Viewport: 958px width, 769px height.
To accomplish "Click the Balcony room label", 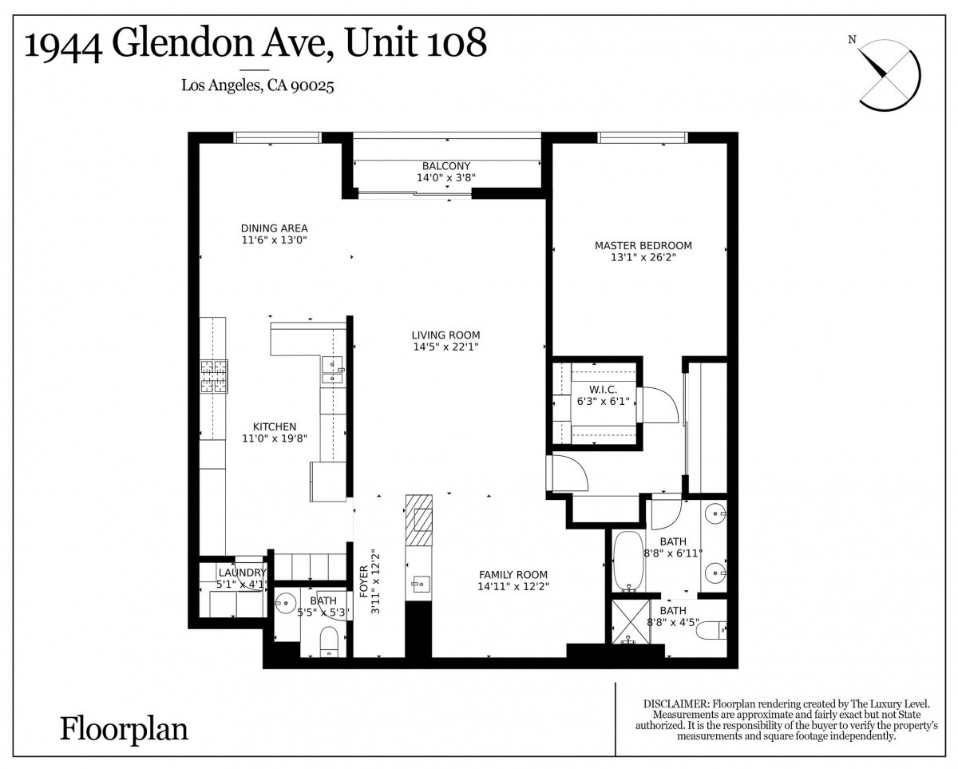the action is [x=446, y=166].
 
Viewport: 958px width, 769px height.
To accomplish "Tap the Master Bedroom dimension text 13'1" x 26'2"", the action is [x=643, y=257].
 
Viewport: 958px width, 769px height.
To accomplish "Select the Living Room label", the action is [x=445, y=335].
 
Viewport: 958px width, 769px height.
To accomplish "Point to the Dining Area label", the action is [x=274, y=228].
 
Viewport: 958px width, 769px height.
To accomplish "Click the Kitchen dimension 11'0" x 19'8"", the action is [x=275, y=438].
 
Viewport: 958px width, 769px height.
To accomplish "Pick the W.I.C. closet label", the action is [x=604, y=390].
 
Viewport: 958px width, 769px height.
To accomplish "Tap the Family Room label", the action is [x=513, y=574].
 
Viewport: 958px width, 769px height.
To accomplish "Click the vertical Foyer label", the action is [x=364, y=581].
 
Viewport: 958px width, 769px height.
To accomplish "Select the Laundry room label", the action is [x=242, y=573].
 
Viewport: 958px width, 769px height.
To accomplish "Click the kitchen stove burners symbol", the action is [x=214, y=376].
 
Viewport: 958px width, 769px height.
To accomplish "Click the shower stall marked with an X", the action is [x=631, y=621].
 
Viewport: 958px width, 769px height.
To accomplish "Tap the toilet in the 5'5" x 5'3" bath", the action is [x=330, y=641].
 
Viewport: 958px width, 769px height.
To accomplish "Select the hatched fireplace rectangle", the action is [x=418, y=520].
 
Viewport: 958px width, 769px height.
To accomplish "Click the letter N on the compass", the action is [x=852, y=40].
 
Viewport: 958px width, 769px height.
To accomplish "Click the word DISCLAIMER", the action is [x=676, y=704].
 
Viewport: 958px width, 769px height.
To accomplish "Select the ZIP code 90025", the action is [x=312, y=85].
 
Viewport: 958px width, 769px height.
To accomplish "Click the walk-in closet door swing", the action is [x=659, y=405].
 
